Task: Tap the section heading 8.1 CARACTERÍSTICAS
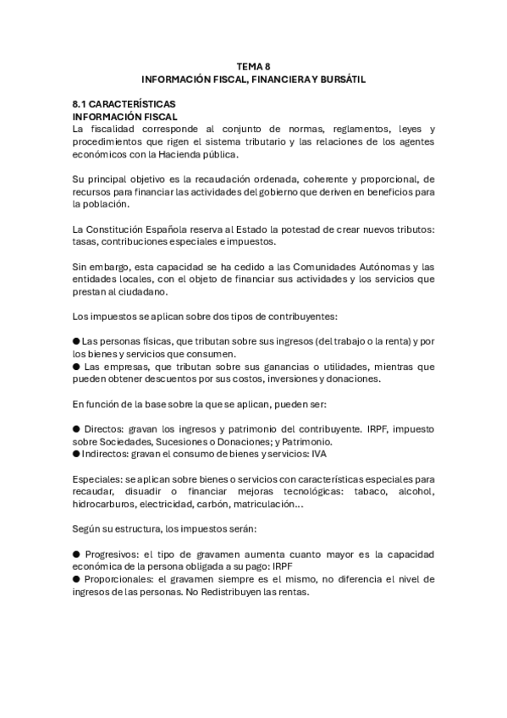point(124,103)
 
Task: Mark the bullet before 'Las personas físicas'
point(76,341)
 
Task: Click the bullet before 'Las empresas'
point(76,367)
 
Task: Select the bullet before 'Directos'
point(76,429)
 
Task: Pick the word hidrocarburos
point(103,505)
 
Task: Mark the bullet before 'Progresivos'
point(76,555)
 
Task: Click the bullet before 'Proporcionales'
point(76,580)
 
